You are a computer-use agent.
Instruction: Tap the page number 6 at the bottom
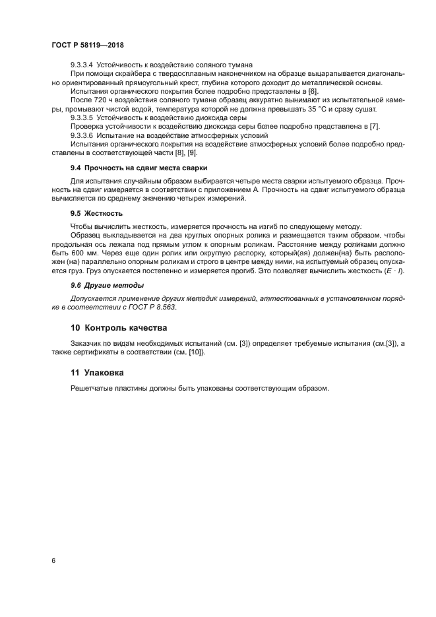click(x=53, y=560)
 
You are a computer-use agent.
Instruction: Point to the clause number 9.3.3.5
click(x=82, y=117)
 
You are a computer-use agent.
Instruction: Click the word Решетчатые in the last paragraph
click(x=91, y=388)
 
